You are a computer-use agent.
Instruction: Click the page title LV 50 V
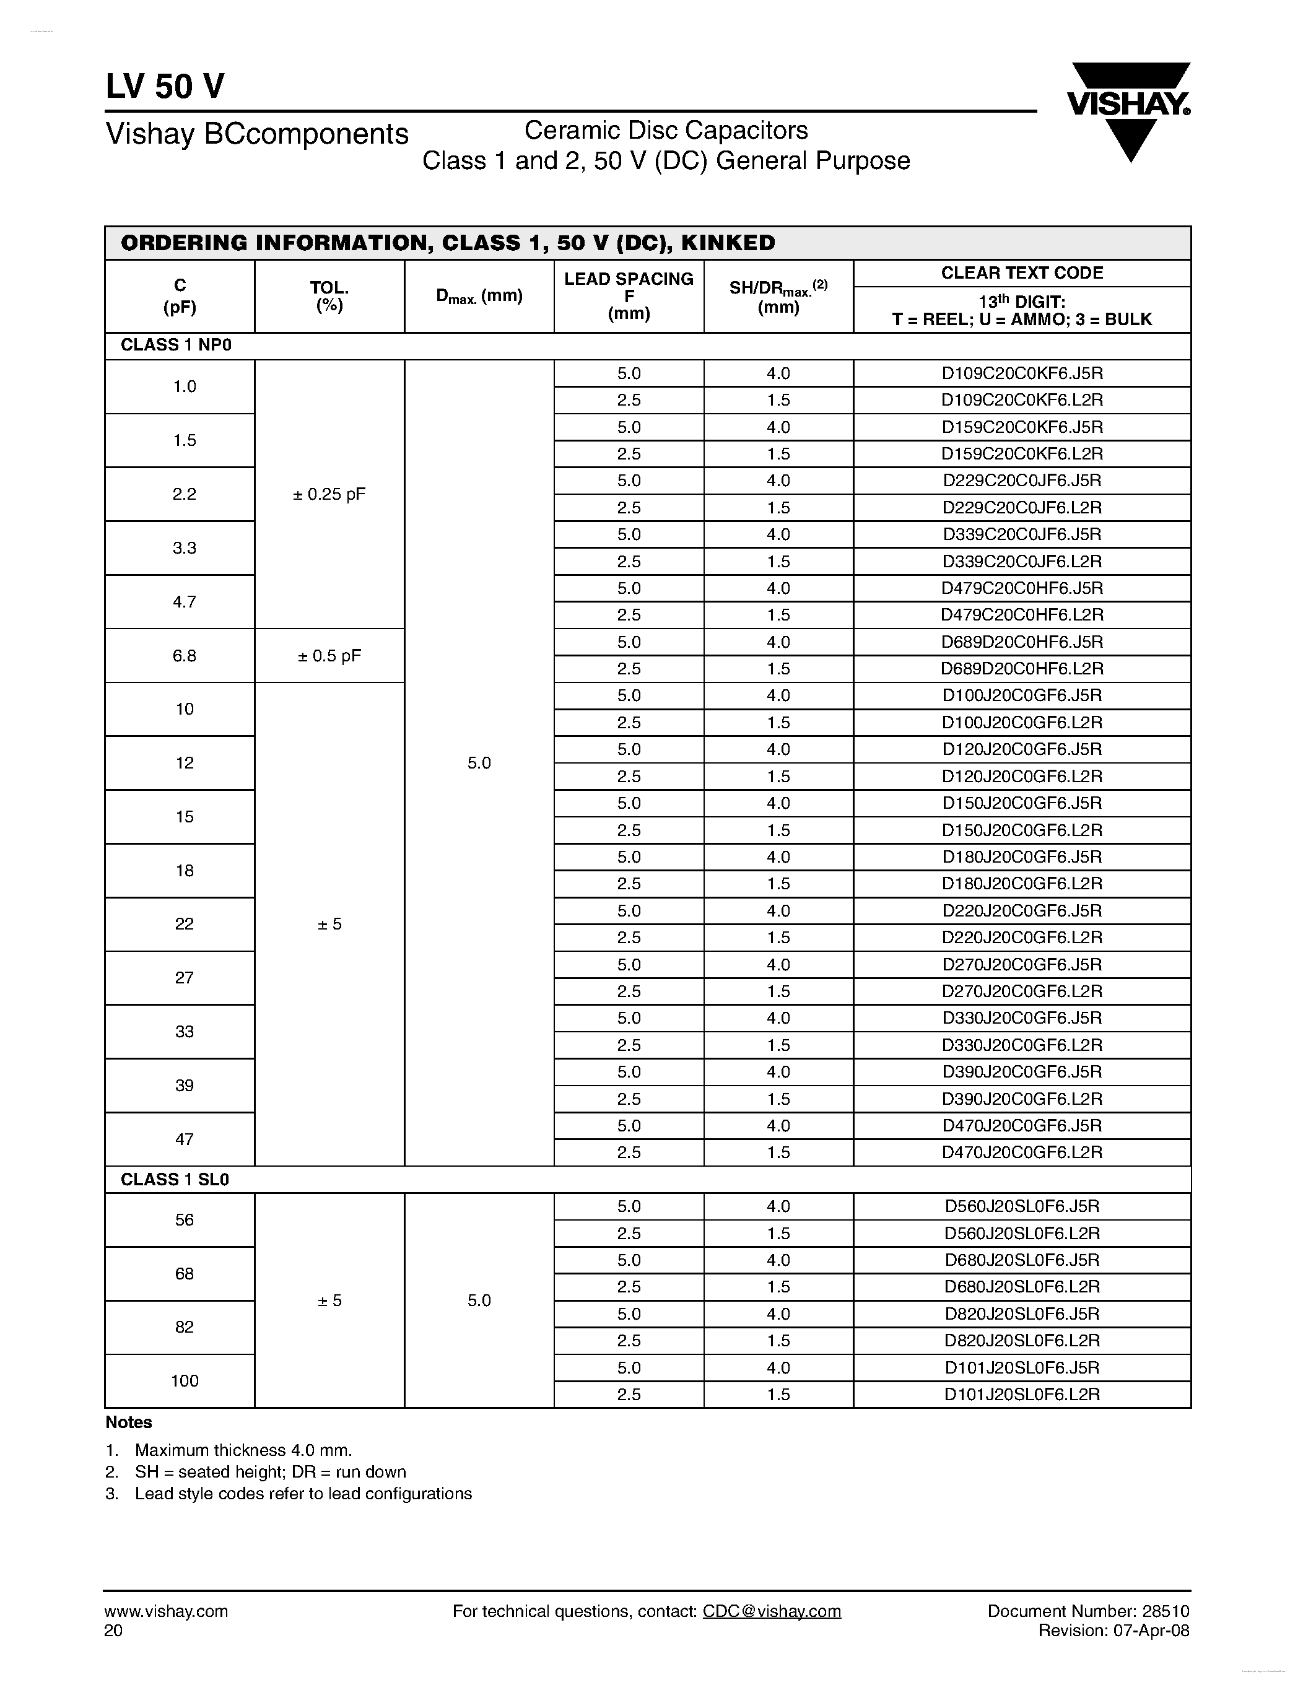pos(165,87)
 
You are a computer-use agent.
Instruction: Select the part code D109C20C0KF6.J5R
pos(1022,373)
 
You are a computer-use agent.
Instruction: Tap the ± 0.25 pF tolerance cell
pos(329,494)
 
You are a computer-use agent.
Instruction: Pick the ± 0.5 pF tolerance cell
pos(329,656)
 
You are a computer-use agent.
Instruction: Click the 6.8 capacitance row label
pos(184,656)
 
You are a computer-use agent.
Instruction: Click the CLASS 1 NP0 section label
pos(176,346)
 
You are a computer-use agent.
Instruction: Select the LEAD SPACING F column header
pos(629,296)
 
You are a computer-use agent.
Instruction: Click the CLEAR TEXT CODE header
pos(1022,273)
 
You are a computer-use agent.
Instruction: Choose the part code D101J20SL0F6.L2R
pos(1022,1394)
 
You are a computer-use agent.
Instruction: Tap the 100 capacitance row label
pos(184,1381)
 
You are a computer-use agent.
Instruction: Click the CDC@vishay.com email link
pos(771,1611)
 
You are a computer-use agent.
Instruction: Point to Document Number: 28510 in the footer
pos(1088,1611)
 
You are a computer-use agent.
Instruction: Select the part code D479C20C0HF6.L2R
pos(1022,615)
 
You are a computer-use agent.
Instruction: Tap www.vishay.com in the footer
pos(165,1611)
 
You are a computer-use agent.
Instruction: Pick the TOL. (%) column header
pos(329,296)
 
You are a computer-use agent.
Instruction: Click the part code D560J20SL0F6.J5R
pos(1022,1206)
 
